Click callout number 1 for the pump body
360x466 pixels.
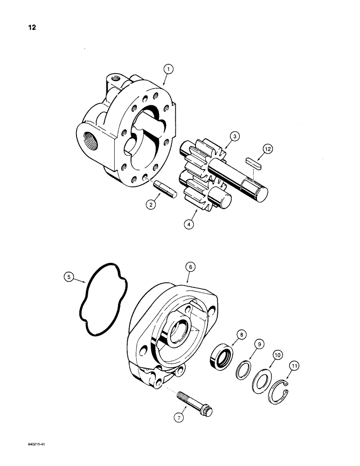(x=168, y=69)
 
